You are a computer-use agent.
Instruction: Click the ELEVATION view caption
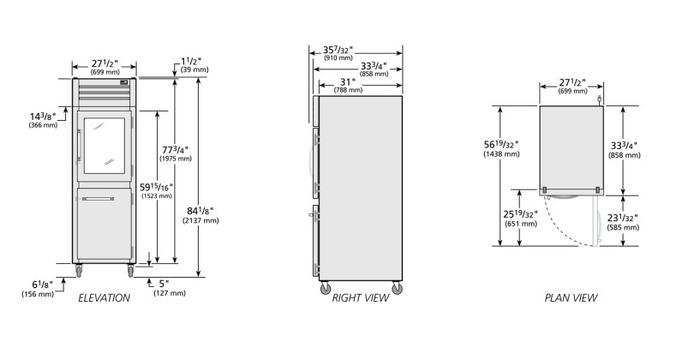104,298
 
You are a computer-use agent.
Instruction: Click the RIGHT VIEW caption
360,298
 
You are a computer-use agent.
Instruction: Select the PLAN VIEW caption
571,298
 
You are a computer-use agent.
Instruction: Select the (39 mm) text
194,69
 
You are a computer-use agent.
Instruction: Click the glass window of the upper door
105,146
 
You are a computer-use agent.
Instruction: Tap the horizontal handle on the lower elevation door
98,199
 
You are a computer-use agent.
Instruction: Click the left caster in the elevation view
79,270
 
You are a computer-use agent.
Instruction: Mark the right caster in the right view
397,288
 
